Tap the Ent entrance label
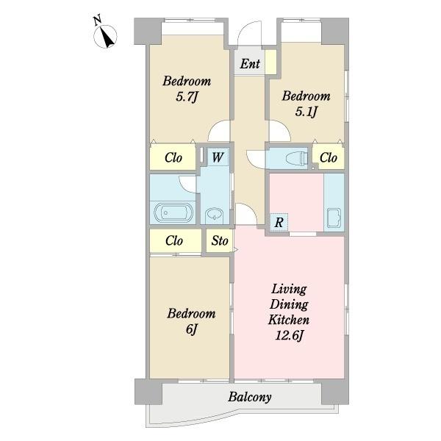(x=250, y=63)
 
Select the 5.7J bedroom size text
(x=187, y=97)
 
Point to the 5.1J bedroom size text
(x=306, y=112)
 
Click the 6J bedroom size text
(x=192, y=329)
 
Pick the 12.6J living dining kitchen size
(x=289, y=336)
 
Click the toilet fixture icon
(x=296, y=158)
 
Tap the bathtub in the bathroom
(x=173, y=212)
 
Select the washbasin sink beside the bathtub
(x=215, y=215)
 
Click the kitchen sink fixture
(x=334, y=218)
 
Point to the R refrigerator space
(x=279, y=222)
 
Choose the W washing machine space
(x=218, y=157)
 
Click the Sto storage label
(x=220, y=241)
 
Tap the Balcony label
(x=250, y=397)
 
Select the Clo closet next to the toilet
(x=329, y=158)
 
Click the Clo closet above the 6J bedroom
(x=174, y=241)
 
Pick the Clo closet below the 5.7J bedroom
(x=173, y=157)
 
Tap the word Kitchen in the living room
(x=289, y=320)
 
